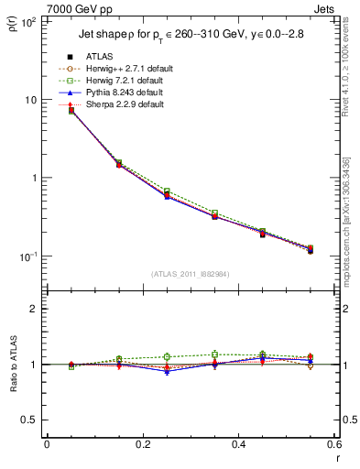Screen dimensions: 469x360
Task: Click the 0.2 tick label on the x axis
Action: click(x=142, y=444)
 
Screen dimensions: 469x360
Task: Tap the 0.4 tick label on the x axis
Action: click(x=237, y=444)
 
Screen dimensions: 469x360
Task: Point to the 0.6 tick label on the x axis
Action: click(x=333, y=444)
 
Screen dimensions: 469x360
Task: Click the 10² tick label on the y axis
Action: click(x=27, y=21)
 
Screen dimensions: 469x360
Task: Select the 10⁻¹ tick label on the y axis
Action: click(x=27, y=256)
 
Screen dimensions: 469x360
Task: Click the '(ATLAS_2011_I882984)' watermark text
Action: click(x=191, y=273)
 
